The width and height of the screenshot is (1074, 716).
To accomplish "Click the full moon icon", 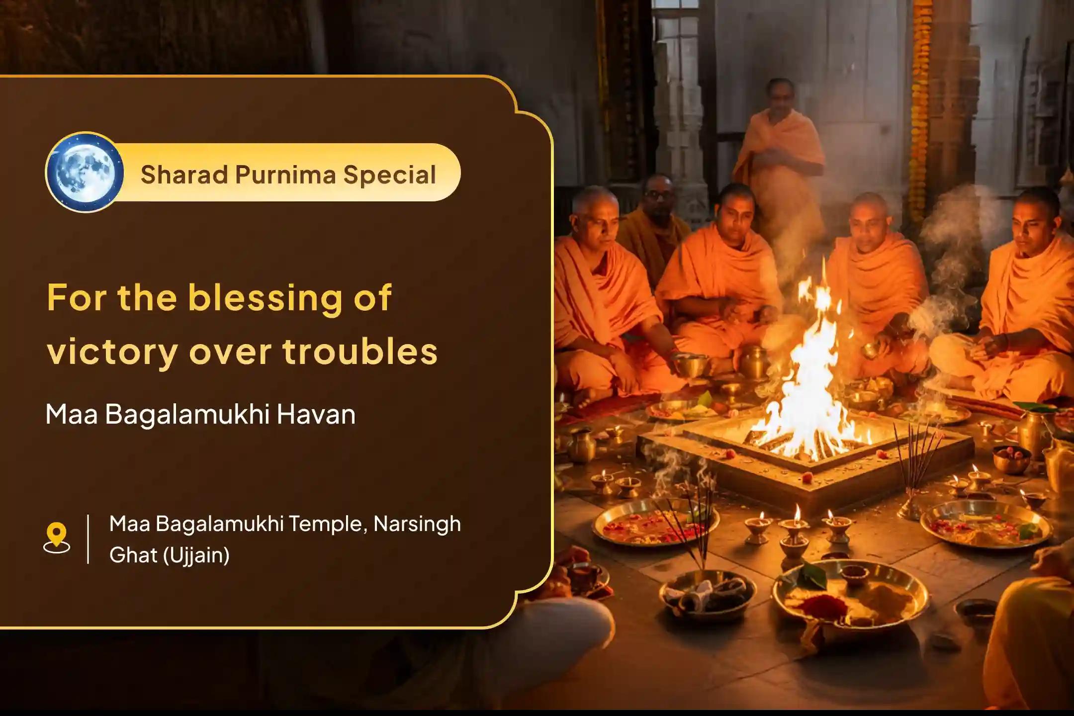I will point(85,173).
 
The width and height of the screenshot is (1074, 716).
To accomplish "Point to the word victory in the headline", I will point(112,352).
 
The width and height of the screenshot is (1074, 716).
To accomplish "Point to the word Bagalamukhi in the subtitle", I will point(188,414).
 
